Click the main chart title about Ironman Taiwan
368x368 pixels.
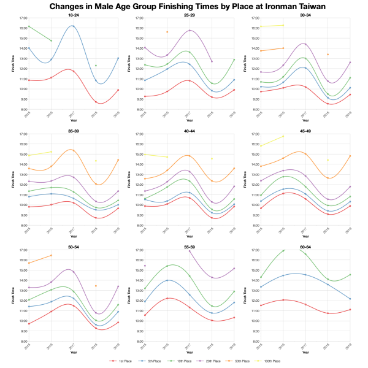184,6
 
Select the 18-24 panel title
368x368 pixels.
73,14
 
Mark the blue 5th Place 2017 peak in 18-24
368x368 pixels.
73,26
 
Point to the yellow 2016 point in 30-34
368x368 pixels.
283,25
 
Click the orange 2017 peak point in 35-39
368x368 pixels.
73,150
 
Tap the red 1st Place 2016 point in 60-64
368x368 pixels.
283,300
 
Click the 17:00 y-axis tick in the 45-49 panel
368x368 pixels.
253,134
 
